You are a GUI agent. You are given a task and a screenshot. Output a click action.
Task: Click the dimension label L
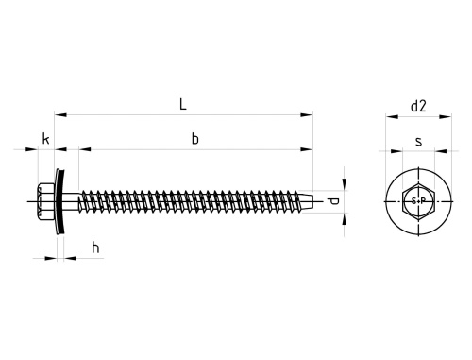click(x=183, y=104)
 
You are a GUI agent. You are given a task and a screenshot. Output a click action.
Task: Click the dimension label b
click(x=195, y=139)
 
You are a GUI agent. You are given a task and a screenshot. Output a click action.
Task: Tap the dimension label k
click(x=46, y=139)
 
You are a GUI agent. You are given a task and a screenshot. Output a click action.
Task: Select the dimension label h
click(x=95, y=248)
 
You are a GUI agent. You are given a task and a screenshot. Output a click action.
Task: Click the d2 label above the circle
click(x=418, y=106)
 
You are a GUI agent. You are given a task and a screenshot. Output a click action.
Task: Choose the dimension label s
click(x=418, y=142)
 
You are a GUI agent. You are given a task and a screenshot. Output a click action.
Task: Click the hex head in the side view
click(x=46, y=201)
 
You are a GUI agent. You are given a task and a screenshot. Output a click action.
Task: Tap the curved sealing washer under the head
click(x=60, y=201)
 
